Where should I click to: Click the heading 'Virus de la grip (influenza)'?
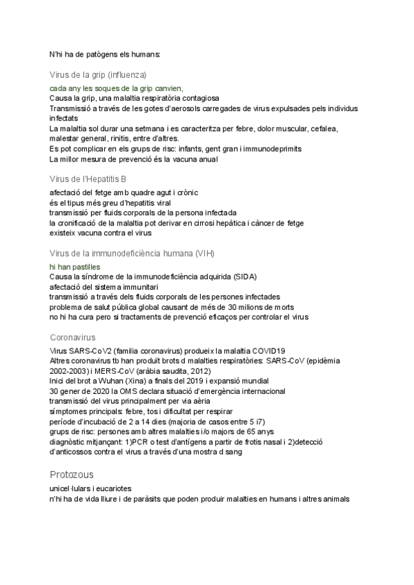coord(98,75)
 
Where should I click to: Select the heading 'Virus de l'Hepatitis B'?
coord(88,179)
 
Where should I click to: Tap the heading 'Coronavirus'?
coord(72,337)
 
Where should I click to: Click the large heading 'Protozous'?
coord(72,475)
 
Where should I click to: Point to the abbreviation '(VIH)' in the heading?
coord(206,252)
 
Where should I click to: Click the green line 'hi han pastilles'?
coord(75,266)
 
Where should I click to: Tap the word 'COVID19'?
coord(268,350)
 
